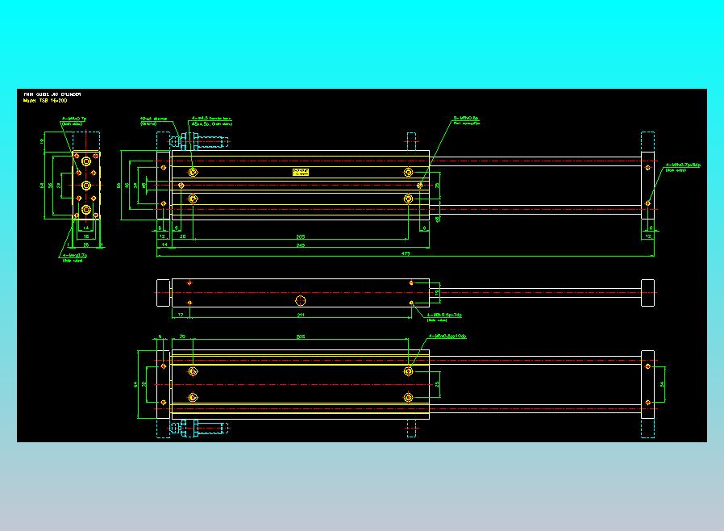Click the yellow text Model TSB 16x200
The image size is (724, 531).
45,101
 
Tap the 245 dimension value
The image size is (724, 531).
300,244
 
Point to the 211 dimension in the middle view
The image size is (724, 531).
301,314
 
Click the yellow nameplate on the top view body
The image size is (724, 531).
301,172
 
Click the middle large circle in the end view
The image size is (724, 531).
86,184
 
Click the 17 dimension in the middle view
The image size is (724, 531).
181,314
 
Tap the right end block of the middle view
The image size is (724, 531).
647,293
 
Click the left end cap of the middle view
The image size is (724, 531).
164,293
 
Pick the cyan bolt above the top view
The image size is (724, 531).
202,142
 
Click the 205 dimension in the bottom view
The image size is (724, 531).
301,336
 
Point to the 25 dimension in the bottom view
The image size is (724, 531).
437,385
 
